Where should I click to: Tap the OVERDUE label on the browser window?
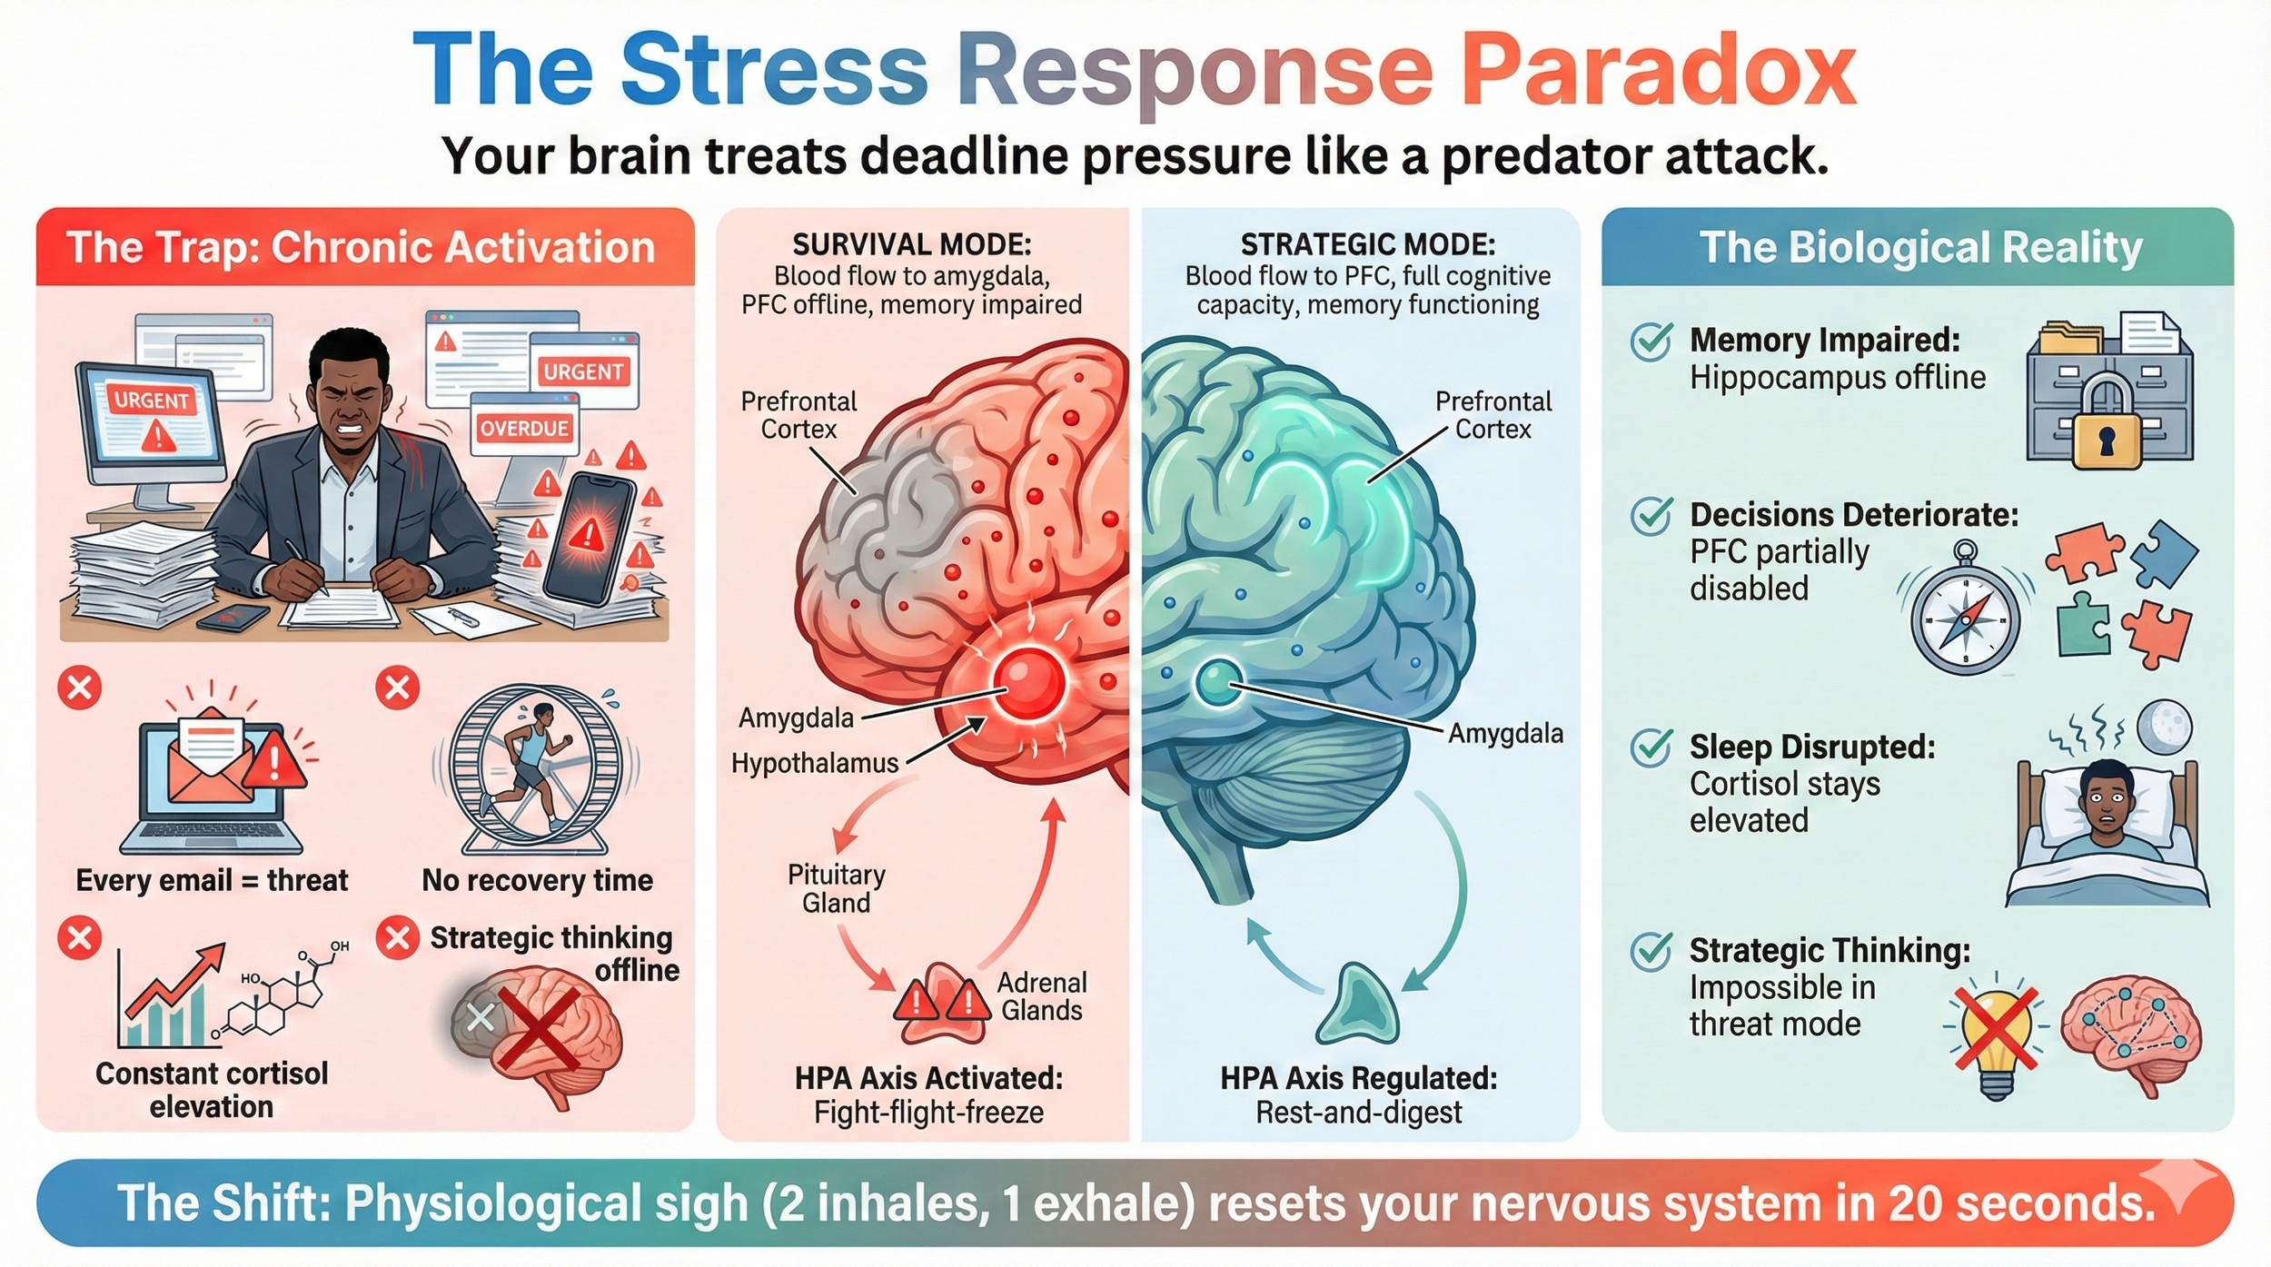pyautogui.click(x=524, y=429)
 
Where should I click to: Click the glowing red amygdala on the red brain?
pyautogui.click(x=1028, y=683)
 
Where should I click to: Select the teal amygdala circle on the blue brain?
pyautogui.click(x=1217, y=682)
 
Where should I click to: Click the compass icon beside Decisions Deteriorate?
pyautogui.click(x=1965, y=618)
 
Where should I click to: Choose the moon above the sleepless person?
pyautogui.click(x=2165, y=728)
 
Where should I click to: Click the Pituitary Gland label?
pyautogui.click(x=836, y=888)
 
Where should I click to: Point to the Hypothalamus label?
pyautogui.click(x=815, y=763)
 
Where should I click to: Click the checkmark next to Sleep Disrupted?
pyautogui.click(x=1651, y=747)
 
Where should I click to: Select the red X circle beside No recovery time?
pyautogui.click(x=397, y=688)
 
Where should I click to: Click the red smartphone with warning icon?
pyautogui.click(x=588, y=536)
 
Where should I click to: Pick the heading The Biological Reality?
pyautogui.click(x=1920, y=248)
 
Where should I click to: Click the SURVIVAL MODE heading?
pyautogui.click(x=911, y=244)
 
